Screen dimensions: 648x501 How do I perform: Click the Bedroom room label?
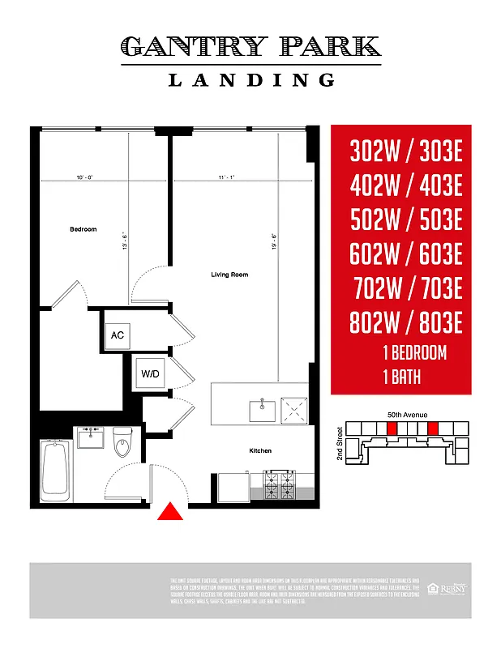pos(83,229)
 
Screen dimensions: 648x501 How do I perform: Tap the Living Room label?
pos(229,275)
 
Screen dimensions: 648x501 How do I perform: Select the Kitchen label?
pos(260,450)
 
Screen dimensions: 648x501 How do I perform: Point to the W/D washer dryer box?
pos(150,373)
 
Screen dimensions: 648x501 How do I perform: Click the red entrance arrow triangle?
pos(170,512)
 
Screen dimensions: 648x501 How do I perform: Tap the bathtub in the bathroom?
pos(54,467)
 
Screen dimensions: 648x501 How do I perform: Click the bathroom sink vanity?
pos(90,438)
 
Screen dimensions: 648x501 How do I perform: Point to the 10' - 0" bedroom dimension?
pos(84,177)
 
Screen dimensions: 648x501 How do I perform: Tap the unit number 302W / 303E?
pos(405,151)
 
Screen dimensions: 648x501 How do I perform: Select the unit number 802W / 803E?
pos(405,324)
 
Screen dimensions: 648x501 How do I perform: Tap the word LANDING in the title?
pos(251,79)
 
